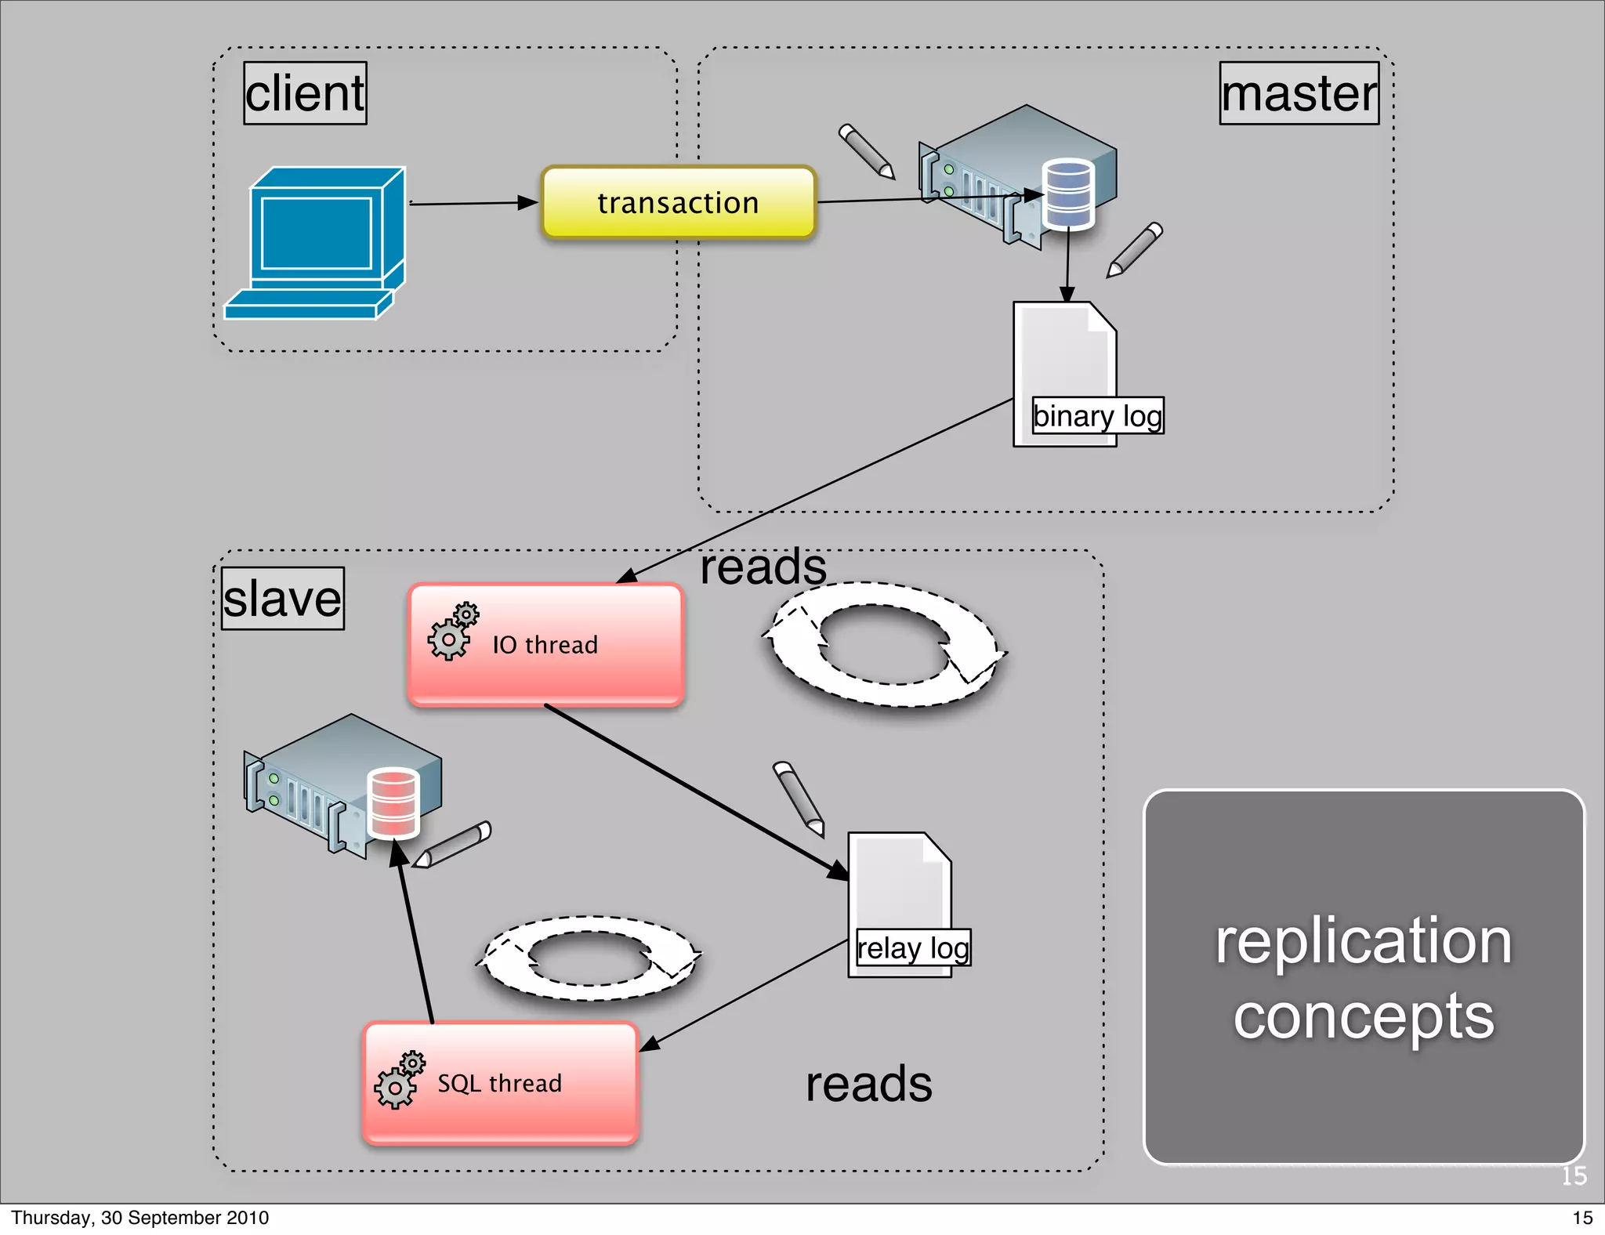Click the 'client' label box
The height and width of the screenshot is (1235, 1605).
tap(305, 93)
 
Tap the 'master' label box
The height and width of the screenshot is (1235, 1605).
tap(1299, 93)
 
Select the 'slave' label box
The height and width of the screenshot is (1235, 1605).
tap(282, 599)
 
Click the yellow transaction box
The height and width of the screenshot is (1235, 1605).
tap(678, 203)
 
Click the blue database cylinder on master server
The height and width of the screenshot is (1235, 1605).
tap(1068, 194)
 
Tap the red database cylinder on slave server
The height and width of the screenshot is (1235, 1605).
tap(393, 803)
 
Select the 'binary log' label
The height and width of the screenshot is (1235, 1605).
tap(1097, 415)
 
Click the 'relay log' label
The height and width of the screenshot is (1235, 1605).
tap(913, 948)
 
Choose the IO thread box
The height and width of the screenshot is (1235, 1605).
tap(546, 644)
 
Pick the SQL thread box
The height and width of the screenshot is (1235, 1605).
tap(500, 1083)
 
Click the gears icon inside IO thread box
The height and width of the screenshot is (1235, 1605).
tap(452, 632)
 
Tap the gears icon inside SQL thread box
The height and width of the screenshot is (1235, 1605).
tap(399, 1081)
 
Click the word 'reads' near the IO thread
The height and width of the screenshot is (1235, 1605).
tap(763, 567)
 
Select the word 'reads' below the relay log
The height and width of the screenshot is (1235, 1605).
tap(869, 1085)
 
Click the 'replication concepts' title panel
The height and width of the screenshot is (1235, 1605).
tap(1364, 977)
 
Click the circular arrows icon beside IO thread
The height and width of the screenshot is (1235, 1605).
tap(884, 644)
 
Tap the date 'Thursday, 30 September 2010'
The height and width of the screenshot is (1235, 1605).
tap(139, 1218)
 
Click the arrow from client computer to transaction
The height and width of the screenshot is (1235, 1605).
tap(473, 204)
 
